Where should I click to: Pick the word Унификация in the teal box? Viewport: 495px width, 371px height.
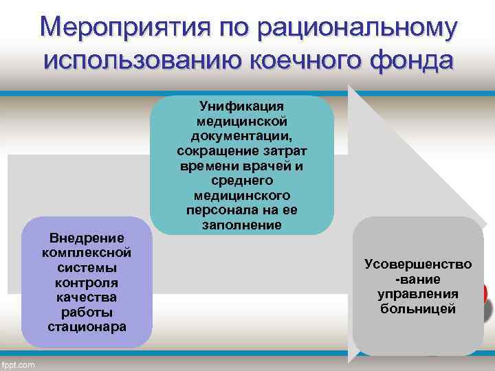click(242, 105)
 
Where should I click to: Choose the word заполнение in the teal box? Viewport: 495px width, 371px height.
click(242, 225)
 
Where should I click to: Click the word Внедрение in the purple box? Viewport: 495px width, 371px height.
click(87, 238)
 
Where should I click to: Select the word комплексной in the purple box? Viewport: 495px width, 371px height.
click(87, 252)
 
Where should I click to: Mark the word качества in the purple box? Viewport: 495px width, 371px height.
click(87, 297)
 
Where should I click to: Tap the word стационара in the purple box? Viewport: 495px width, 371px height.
click(87, 326)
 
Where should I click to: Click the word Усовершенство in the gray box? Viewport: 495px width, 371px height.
click(418, 264)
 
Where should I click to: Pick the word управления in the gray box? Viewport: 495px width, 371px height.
click(418, 294)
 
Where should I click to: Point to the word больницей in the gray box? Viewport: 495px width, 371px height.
click(418, 309)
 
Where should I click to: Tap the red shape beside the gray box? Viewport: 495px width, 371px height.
click(485, 295)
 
